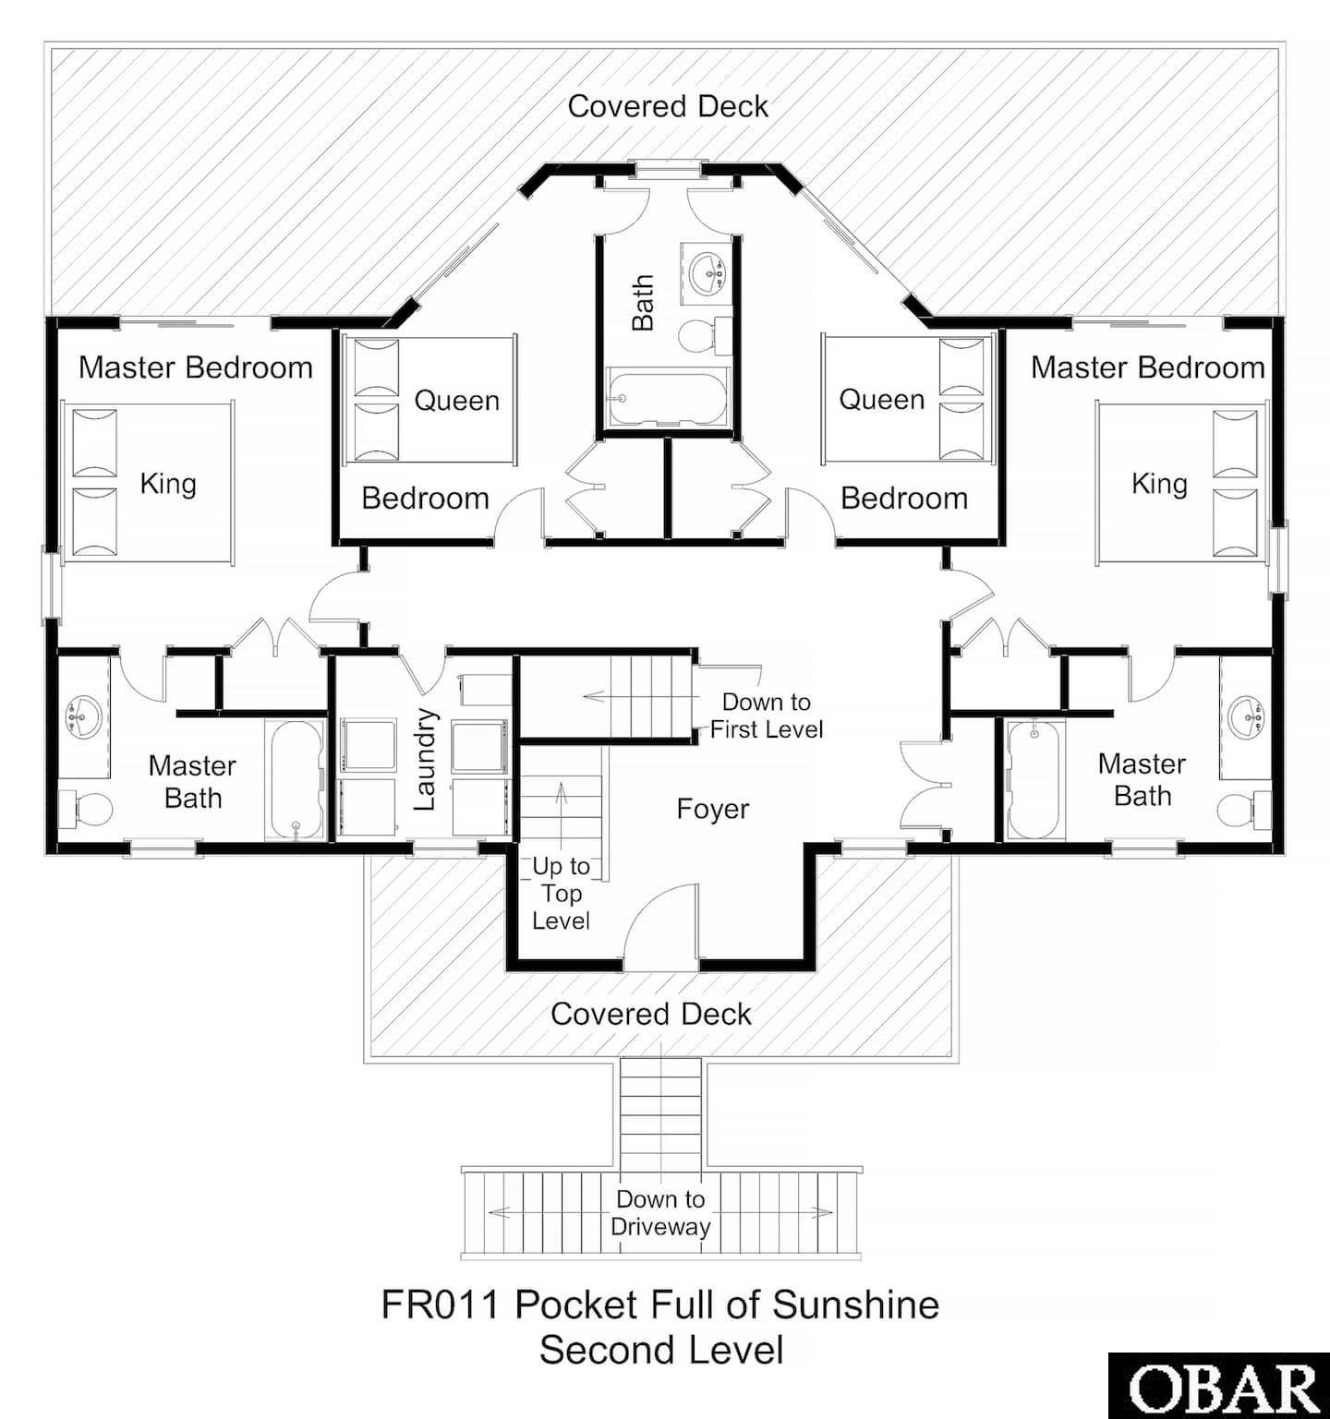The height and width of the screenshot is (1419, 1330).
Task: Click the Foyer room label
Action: (x=712, y=809)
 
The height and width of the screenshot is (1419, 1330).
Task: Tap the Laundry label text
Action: (x=424, y=760)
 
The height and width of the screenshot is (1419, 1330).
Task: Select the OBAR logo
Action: (x=1219, y=1388)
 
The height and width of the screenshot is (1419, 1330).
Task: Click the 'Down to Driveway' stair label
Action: (x=660, y=1213)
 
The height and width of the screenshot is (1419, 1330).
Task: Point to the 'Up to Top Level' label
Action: (x=561, y=893)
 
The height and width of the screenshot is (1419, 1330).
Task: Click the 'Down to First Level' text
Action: (x=766, y=716)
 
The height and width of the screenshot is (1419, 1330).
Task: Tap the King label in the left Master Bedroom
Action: (x=168, y=484)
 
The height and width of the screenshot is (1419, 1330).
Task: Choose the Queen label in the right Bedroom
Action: (x=881, y=400)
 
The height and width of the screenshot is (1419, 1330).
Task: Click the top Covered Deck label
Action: (x=667, y=106)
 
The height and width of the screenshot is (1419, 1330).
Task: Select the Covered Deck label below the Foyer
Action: (x=650, y=1014)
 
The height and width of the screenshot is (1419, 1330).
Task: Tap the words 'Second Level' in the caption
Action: (x=661, y=1350)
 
